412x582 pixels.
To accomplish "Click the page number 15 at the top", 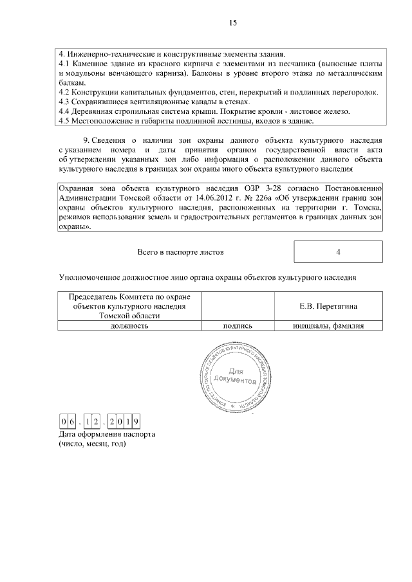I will pos(232,23).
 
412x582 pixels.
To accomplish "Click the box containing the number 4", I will pos(338,252).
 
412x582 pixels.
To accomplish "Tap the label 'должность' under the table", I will pos(129,326).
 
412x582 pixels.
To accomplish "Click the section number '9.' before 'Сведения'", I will pos(88,140).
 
